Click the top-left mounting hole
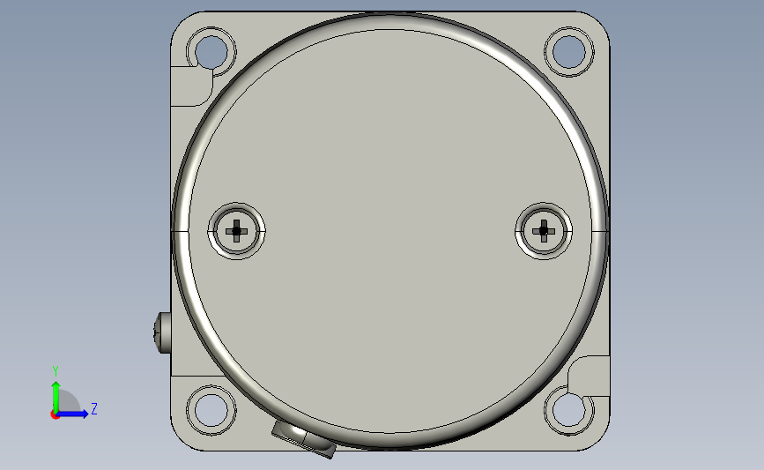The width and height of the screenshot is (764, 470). (211, 52)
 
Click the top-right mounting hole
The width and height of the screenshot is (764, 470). (568, 52)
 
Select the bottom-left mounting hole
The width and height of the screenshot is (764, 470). (211, 410)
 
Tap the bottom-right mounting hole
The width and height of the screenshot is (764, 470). (568, 410)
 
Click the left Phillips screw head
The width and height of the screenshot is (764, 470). (237, 231)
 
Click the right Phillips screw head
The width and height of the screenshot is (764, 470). (544, 231)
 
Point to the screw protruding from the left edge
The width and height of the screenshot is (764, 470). (162, 333)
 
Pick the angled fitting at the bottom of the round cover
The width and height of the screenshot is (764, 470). (304, 439)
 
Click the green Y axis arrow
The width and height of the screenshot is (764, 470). (56, 398)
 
